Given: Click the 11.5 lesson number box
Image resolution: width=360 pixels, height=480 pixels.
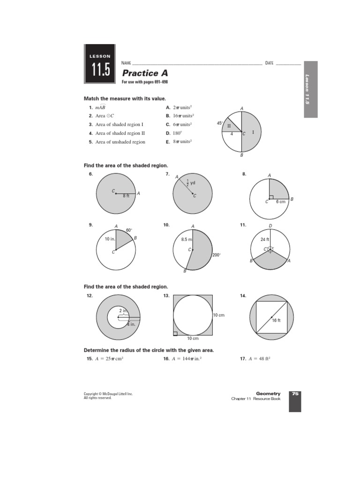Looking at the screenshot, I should click(99, 69).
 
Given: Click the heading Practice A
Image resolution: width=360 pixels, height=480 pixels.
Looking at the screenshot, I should click(145, 73).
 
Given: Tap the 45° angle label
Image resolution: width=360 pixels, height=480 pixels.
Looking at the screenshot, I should click(219, 123).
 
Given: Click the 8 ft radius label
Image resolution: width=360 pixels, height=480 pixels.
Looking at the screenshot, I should click(126, 196).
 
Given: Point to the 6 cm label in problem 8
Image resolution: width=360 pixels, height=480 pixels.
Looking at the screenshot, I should click(280, 202).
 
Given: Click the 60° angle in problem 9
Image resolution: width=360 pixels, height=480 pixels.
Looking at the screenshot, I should click(129, 230).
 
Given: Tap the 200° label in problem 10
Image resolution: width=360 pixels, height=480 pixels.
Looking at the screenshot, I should click(217, 255).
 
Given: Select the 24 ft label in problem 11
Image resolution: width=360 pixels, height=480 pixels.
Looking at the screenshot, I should click(265, 240).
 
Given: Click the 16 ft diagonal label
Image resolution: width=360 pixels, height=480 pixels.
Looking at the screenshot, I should click(276, 321).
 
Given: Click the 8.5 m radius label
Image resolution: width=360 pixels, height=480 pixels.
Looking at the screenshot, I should click(187, 240).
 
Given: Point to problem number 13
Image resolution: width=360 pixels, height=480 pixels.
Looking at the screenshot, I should click(166, 296).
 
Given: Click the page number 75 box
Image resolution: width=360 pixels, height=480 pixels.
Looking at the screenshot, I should click(295, 394).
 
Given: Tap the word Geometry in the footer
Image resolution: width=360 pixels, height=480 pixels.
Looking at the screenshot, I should click(268, 394).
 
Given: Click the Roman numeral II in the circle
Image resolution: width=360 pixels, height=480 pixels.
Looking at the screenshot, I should click(229, 126).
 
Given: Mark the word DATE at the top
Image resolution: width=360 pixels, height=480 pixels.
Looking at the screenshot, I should click(269, 63).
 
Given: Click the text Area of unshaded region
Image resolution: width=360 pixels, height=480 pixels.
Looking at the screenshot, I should click(120, 142).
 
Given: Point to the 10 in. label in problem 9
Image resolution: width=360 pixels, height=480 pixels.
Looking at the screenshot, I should click(110, 239).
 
